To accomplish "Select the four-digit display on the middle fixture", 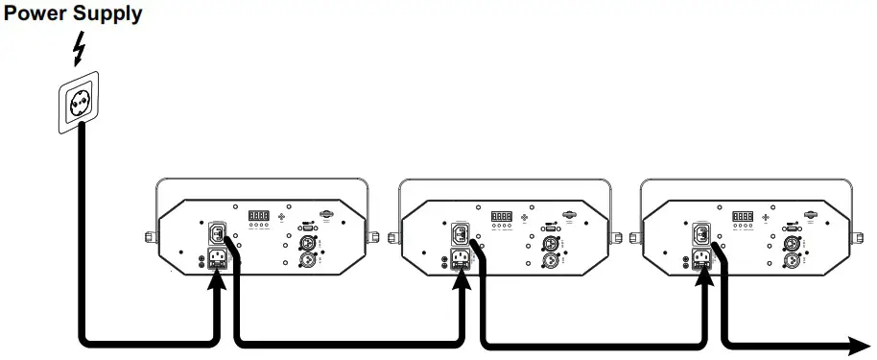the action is [x=502, y=217].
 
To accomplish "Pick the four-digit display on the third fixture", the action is [x=743, y=217].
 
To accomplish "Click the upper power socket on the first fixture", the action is [x=216, y=233].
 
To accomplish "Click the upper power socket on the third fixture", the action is [x=702, y=233].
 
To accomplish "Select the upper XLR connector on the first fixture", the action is [x=310, y=242].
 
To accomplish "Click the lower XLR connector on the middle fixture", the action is [x=553, y=259].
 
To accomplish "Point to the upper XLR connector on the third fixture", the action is [x=794, y=242].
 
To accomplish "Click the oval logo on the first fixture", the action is [x=329, y=215].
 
